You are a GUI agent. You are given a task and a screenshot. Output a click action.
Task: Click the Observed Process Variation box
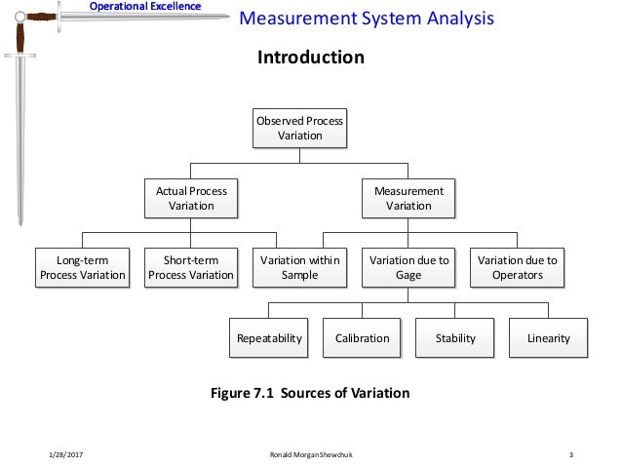click(300, 128)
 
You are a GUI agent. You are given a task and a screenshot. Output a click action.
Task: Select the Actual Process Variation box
click(191, 198)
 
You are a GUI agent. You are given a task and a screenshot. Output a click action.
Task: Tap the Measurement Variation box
click(408, 198)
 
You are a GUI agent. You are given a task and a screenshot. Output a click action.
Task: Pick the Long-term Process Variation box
click(82, 267)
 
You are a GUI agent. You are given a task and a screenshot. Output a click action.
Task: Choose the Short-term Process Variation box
click(191, 267)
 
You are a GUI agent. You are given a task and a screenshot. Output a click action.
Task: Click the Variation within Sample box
click(299, 267)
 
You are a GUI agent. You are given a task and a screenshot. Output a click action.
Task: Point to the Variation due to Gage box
click(408, 267)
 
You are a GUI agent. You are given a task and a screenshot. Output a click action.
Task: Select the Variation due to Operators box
click(517, 267)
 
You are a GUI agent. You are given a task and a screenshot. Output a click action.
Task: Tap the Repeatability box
click(269, 338)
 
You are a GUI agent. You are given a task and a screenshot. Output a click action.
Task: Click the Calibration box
click(362, 338)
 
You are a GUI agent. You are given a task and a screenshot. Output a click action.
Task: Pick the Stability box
click(455, 338)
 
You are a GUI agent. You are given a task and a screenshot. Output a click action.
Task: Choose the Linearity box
click(548, 338)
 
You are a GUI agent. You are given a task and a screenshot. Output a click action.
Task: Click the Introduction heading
click(310, 58)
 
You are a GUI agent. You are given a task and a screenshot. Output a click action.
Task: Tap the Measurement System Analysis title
click(366, 19)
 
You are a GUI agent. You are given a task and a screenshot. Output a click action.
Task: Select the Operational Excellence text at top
click(145, 7)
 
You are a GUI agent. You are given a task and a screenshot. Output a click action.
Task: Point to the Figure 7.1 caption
click(310, 393)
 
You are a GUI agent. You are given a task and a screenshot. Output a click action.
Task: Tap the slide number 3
click(569, 454)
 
